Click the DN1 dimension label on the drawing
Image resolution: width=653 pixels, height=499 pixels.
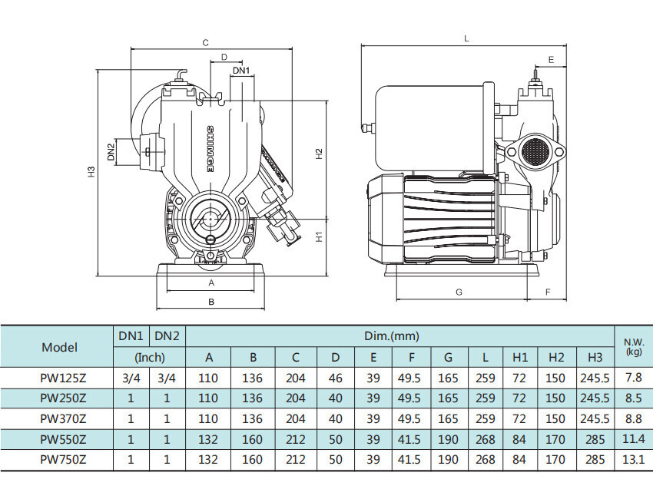241,71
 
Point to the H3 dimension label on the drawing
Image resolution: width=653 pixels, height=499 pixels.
91,171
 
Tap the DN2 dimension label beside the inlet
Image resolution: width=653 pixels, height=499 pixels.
111,152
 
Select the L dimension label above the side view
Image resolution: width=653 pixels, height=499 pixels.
466,38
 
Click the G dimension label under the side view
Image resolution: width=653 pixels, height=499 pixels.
459,292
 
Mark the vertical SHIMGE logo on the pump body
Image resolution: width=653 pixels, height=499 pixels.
210,150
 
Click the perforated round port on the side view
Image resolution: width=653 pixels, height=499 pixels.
535,150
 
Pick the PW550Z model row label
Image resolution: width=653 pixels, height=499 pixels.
63,439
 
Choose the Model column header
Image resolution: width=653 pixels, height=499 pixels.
60,347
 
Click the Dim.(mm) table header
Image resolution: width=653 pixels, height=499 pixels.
392,335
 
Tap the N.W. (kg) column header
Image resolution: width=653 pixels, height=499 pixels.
634,347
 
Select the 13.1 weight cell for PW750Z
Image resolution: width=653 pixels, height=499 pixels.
634,459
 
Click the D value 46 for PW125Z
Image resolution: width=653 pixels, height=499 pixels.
335,378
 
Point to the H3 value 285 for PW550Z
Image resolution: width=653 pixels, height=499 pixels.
595,439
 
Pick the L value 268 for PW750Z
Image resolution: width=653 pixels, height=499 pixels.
486,459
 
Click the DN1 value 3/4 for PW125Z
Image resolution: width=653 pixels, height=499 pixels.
131,378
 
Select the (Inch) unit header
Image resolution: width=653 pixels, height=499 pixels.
150,358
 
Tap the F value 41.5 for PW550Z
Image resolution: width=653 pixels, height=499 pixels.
409,439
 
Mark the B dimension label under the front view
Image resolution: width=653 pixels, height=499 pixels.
211,301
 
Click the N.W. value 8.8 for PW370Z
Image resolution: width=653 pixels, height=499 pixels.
634,418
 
